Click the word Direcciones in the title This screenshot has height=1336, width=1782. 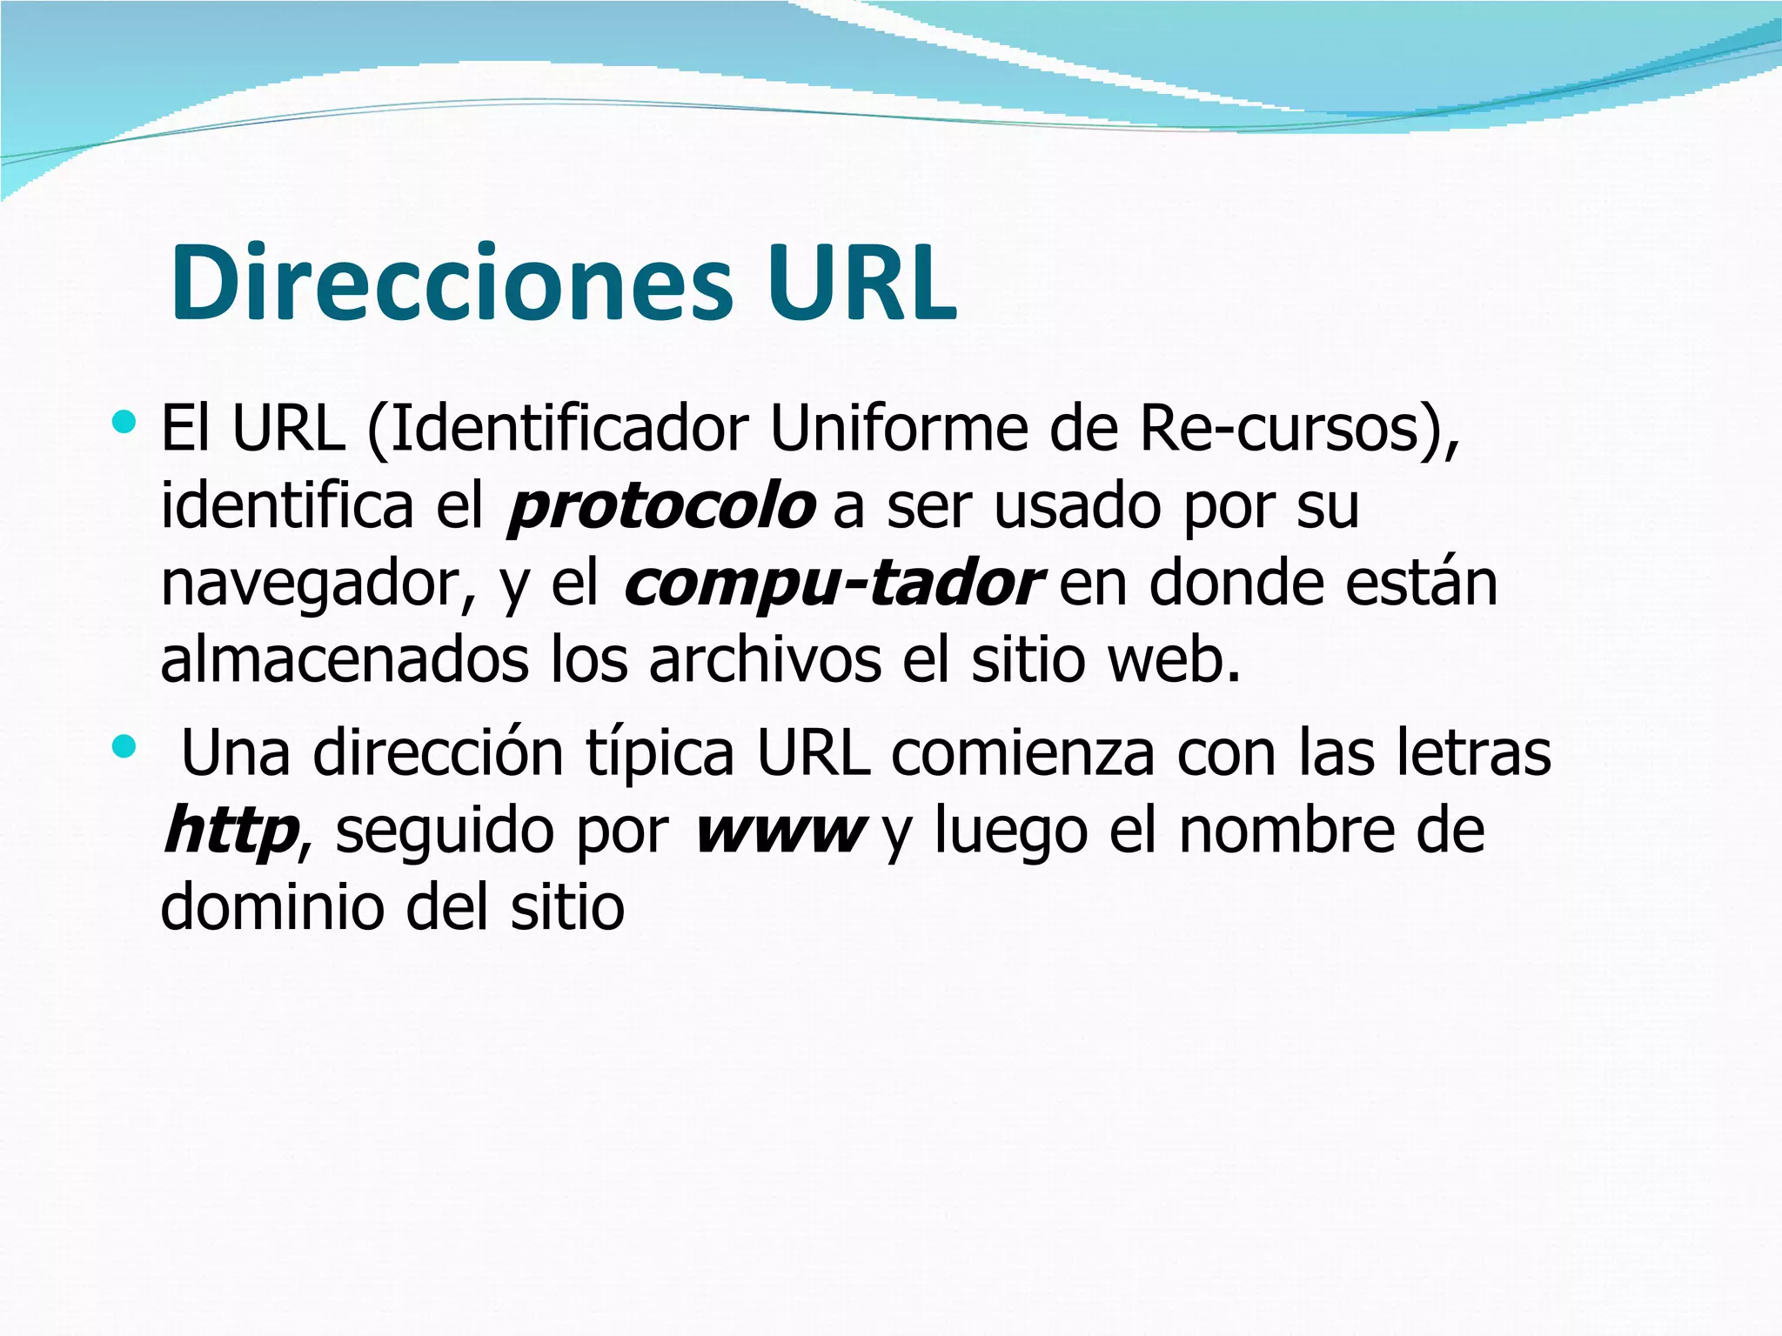(452, 284)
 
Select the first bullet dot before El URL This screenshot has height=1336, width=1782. (124, 424)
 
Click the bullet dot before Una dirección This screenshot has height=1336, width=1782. (124, 746)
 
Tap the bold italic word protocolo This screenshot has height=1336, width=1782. (662, 506)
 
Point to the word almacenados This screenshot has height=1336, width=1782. (345, 660)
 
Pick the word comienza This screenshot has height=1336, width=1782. (1022, 753)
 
